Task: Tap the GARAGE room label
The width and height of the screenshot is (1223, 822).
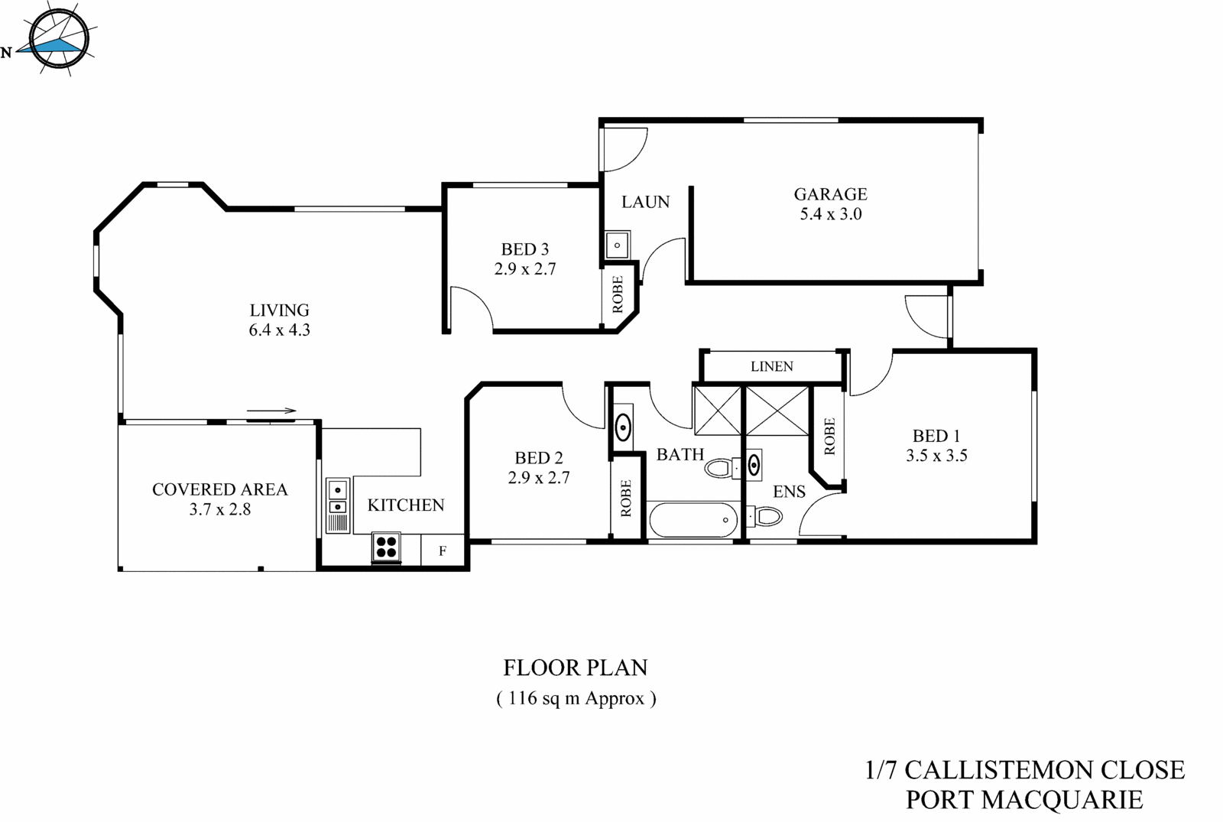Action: point(830,194)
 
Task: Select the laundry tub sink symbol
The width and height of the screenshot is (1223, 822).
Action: point(617,245)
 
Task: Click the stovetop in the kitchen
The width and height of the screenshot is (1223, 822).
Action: point(387,547)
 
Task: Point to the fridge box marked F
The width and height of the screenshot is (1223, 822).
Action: point(443,550)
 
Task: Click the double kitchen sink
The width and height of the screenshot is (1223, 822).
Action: point(337,497)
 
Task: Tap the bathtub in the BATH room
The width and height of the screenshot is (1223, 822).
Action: point(693,521)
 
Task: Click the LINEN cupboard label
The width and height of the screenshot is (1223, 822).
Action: point(771,366)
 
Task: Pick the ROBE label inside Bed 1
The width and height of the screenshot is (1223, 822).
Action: point(829,437)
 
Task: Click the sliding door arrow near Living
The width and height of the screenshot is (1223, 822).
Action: point(271,411)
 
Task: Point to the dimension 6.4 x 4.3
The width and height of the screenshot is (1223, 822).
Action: point(279,330)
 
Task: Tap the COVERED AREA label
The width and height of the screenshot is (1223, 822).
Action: point(219,489)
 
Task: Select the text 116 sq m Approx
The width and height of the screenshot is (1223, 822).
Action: point(576,698)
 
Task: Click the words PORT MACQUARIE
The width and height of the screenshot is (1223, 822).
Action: point(1024,800)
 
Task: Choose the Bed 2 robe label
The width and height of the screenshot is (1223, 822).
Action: point(626,498)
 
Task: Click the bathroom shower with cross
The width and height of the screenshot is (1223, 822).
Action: point(717,411)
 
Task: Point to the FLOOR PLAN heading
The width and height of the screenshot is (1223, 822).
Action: point(575,668)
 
